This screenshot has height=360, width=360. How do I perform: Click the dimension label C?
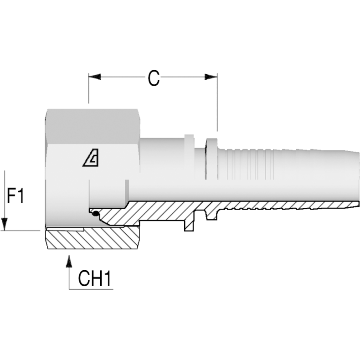[154, 78]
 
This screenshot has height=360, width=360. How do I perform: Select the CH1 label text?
[95, 279]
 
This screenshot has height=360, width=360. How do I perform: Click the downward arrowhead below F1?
[5, 224]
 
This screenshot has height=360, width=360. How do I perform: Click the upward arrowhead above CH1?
[69, 261]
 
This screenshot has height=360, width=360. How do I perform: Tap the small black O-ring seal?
[94, 213]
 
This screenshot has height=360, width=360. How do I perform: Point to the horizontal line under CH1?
[91, 289]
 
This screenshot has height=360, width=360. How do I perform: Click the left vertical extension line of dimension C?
[88, 89]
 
